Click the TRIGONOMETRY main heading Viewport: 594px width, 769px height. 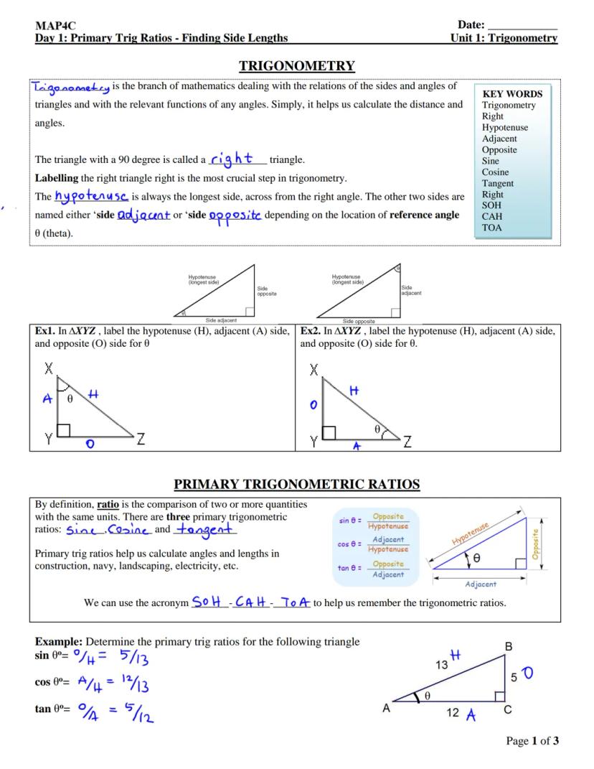[x=296, y=67]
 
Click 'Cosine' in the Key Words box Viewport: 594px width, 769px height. [x=496, y=172]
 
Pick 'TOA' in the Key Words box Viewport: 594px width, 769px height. [x=492, y=228]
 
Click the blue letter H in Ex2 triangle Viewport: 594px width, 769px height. [x=353, y=391]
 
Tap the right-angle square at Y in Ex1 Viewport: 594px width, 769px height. [x=64, y=430]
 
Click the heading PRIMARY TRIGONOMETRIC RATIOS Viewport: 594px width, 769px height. [x=296, y=485]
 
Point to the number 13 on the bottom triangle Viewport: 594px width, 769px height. [x=443, y=665]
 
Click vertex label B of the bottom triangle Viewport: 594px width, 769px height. [x=509, y=646]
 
